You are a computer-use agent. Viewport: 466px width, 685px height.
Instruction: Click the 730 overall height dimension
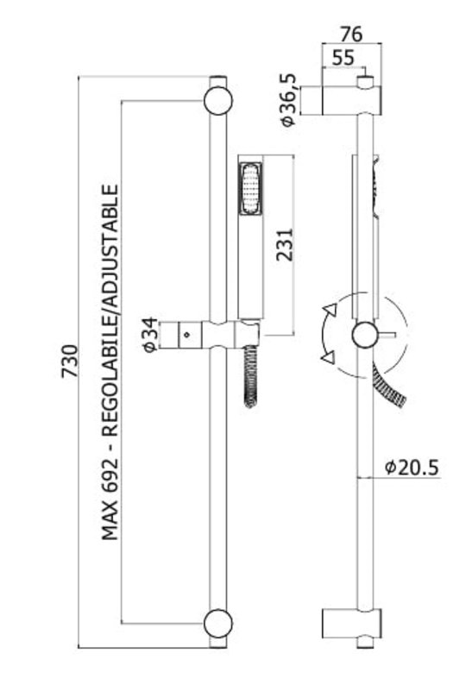point(71,361)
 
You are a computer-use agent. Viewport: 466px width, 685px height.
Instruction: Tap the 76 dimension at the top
point(351,34)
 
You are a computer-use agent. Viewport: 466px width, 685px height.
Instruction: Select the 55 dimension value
point(343,58)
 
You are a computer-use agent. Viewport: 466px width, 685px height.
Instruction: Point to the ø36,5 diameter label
point(288,100)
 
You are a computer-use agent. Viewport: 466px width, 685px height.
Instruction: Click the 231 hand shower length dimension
point(285,245)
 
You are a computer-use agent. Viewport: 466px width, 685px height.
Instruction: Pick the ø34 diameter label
point(150,335)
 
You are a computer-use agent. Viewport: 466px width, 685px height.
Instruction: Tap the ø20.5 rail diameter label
point(412,468)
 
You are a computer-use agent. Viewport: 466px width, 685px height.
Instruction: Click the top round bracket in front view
point(218,101)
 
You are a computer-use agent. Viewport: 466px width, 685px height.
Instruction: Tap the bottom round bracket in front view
point(218,623)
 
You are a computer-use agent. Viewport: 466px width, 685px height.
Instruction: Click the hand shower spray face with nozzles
point(250,189)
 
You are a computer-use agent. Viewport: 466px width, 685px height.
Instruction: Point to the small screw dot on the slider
point(187,335)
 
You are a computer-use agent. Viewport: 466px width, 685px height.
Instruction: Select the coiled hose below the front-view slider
point(251,375)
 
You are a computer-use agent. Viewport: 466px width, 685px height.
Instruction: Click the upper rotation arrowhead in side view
point(329,310)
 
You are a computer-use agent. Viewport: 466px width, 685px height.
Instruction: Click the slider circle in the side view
point(364,335)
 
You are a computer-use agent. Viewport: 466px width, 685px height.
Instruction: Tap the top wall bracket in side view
point(352,100)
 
